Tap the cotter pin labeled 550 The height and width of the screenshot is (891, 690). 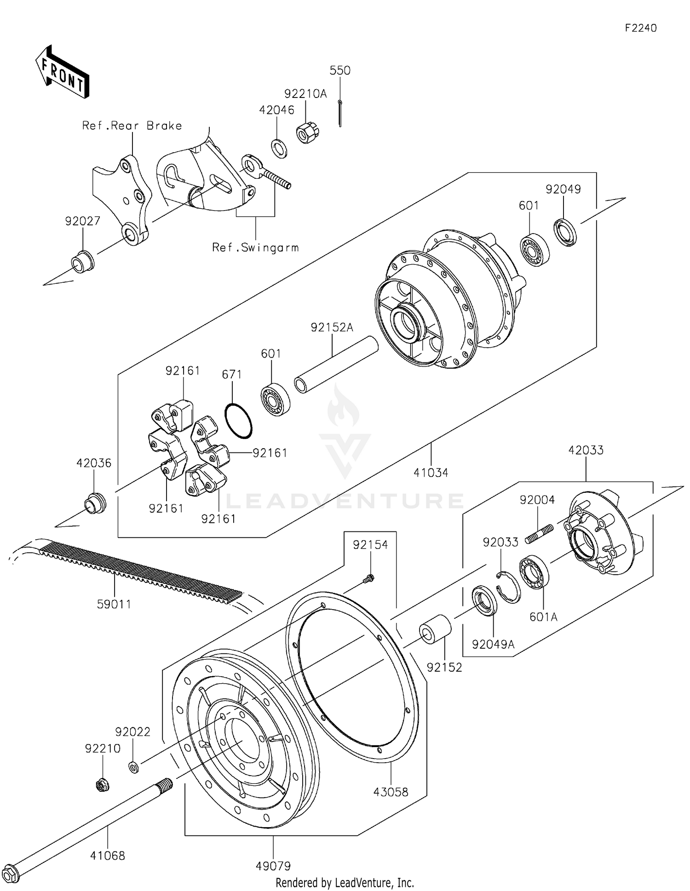click(339, 113)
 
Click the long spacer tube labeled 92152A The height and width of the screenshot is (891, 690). click(335, 365)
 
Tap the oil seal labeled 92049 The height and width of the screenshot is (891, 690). click(565, 232)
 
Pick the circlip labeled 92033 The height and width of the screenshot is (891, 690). click(508, 587)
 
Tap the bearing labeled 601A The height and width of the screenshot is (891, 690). click(534, 572)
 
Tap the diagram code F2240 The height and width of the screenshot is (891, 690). click(640, 28)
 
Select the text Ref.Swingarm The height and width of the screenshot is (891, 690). click(255, 248)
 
